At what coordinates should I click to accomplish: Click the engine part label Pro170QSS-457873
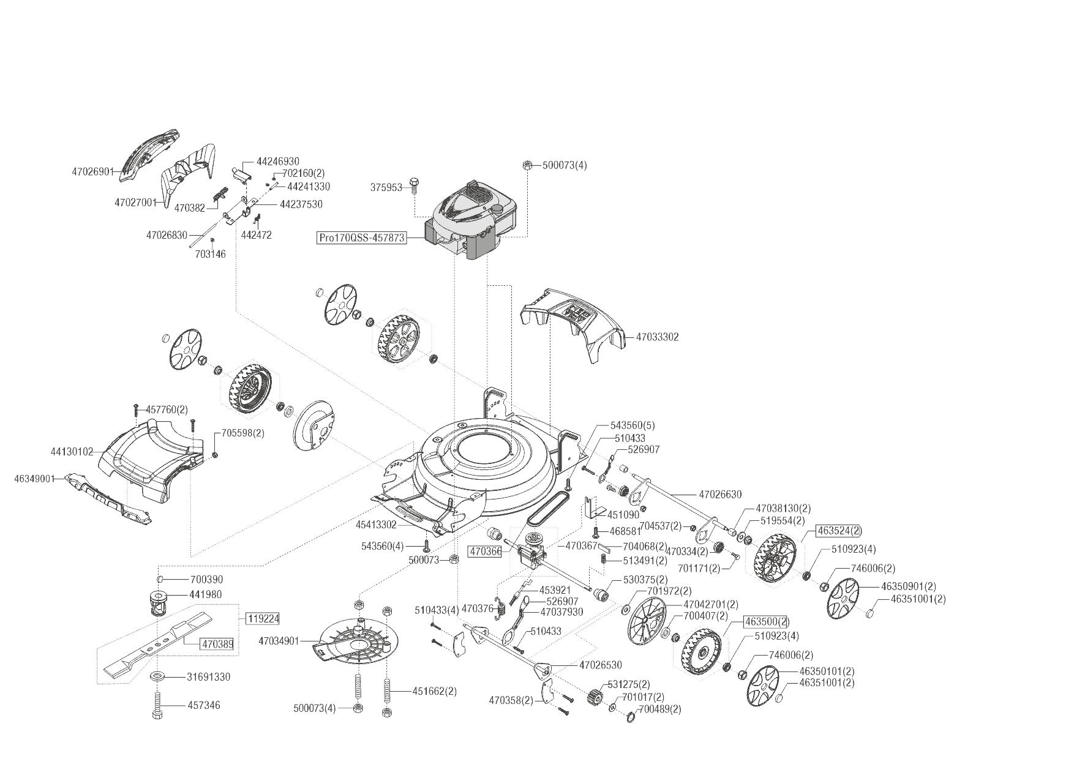pos(362,237)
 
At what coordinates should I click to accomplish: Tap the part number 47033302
pos(657,337)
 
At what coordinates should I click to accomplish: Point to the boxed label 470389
pos(217,644)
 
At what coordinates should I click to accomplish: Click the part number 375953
pos(386,187)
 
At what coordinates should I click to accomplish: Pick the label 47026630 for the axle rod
pos(720,494)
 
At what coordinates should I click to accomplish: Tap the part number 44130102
pos(72,452)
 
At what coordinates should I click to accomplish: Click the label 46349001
pos(34,478)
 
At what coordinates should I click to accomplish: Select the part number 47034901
pos(279,641)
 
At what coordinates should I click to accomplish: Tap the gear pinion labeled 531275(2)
pos(593,696)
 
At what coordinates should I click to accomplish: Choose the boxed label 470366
pos(485,551)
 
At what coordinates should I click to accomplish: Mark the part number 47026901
pos(93,171)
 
